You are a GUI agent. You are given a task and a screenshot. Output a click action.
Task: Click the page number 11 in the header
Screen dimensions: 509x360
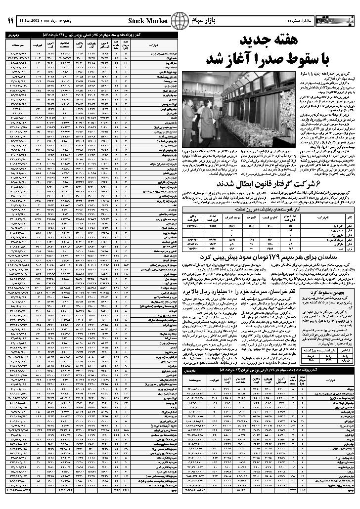tap(9, 21)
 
